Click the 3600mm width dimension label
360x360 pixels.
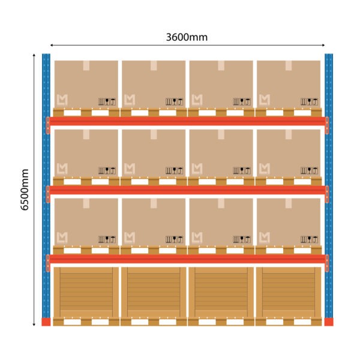[x=187, y=37]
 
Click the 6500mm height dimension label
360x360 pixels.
[x=25, y=190]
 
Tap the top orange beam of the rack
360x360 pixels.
[x=187, y=121]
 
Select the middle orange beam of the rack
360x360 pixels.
[x=187, y=190]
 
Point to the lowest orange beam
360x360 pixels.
[x=187, y=259]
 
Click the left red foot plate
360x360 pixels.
[x=46, y=322]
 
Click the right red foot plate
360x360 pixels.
[x=329, y=322]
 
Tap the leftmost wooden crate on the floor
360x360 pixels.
[x=86, y=292]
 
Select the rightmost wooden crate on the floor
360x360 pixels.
[x=289, y=292]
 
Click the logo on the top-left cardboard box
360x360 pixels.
[x=62, y=100]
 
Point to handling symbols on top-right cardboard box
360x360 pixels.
[x=309, y=101]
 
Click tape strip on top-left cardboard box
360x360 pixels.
[x=86, y=65]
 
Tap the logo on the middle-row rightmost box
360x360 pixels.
[x=265, y=169]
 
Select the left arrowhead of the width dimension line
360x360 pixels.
[x=52, y=45]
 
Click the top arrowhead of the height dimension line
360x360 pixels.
[x=34, y=55]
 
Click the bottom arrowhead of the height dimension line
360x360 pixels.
[x=34, y=325]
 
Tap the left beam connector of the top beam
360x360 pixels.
[x=48, y=125]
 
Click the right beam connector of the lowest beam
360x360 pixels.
[x=327, y=263]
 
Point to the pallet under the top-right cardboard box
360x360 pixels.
[x=289, y=112]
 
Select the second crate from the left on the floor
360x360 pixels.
[x=154, y=292]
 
